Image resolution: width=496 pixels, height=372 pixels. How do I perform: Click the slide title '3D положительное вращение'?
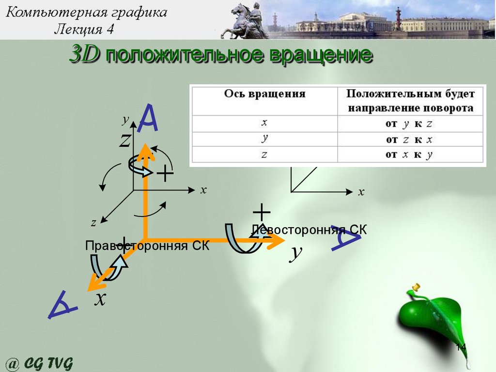[x=220, y=55]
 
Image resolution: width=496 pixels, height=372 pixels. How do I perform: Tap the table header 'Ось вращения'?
[x=264, y=94]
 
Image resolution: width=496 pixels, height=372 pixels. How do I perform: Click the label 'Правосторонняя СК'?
[x=147, y=246]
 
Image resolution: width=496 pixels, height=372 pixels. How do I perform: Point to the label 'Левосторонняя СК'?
[x=309, y=230]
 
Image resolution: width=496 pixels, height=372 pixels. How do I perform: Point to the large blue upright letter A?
[x=148, y=119]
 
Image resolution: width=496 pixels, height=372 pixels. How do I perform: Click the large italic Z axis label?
[x=125, y=140]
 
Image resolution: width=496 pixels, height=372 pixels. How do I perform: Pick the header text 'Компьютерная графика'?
[x=87, y=12]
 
